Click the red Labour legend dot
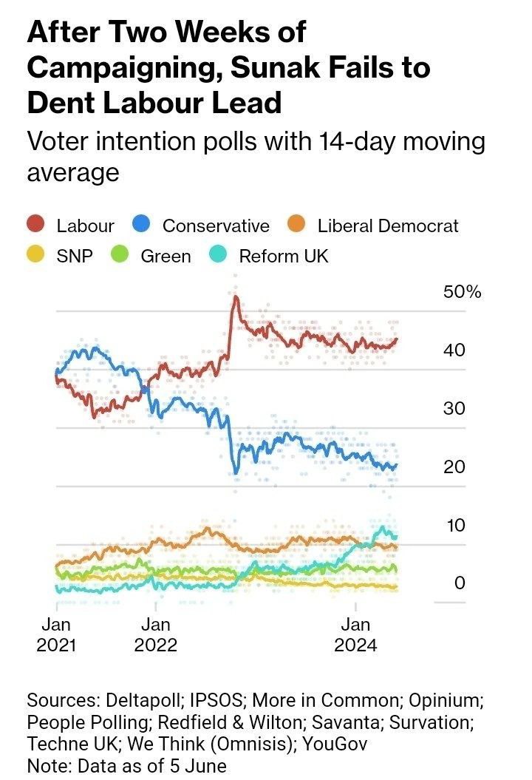[37, 225]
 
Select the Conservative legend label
[216, 225]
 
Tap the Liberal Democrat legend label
[388, 225]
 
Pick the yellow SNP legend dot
[37, 256]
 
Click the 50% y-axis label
[462, 292]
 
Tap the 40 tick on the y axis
[454, 350]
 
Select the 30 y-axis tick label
[454, 408]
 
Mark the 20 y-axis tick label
[454, 467]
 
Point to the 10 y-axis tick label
[454, 525]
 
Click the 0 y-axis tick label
[460, 583]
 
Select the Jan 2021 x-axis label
[56, 634]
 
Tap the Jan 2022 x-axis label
[155, 634]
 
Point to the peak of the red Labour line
[236, 297]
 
